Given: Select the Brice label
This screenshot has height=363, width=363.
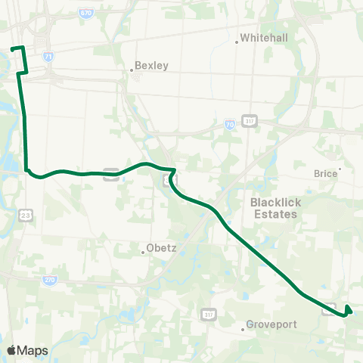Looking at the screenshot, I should [x=325, y=173].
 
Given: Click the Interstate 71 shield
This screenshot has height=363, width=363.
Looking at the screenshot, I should [x=49, y=57].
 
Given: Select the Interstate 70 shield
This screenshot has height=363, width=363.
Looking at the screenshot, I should [x=229, y=123].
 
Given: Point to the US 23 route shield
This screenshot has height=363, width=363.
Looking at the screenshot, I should [x=26, y=216].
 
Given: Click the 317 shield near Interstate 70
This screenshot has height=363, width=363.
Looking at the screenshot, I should [x=250, y=121].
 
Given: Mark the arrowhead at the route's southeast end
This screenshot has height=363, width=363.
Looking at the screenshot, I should [x=349, y=309].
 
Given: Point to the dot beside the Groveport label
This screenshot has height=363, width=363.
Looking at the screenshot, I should [x=244, y=328].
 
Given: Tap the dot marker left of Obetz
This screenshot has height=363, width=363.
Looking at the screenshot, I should [x=141, y=251].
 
